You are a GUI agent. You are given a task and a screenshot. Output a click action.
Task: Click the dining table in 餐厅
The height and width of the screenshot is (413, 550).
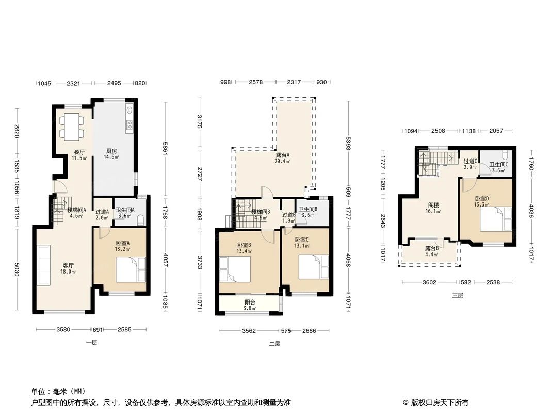[x=72, y=126]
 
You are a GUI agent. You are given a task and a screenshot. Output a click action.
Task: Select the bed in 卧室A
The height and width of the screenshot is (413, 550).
[x=131, y=269]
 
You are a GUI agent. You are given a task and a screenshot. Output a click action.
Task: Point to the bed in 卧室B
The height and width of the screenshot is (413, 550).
[x=235, y=269]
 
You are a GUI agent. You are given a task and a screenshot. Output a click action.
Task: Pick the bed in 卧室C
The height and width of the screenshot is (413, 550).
[x=314, y=267]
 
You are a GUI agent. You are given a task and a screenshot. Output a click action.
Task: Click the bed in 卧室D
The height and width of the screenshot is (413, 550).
[x=496, y=219]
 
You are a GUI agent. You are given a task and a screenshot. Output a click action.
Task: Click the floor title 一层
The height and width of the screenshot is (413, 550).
[x=91, y=342]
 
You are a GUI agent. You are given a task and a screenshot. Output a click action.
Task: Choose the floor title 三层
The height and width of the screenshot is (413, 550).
[x=458, y=295]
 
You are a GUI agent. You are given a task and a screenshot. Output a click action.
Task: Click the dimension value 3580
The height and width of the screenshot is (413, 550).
[x=63, y=329]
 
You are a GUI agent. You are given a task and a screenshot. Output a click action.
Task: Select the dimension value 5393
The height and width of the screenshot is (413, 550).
[x=348, y=143]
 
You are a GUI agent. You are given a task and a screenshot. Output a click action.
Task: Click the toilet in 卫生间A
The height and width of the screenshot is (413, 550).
[x=140, y=220]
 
